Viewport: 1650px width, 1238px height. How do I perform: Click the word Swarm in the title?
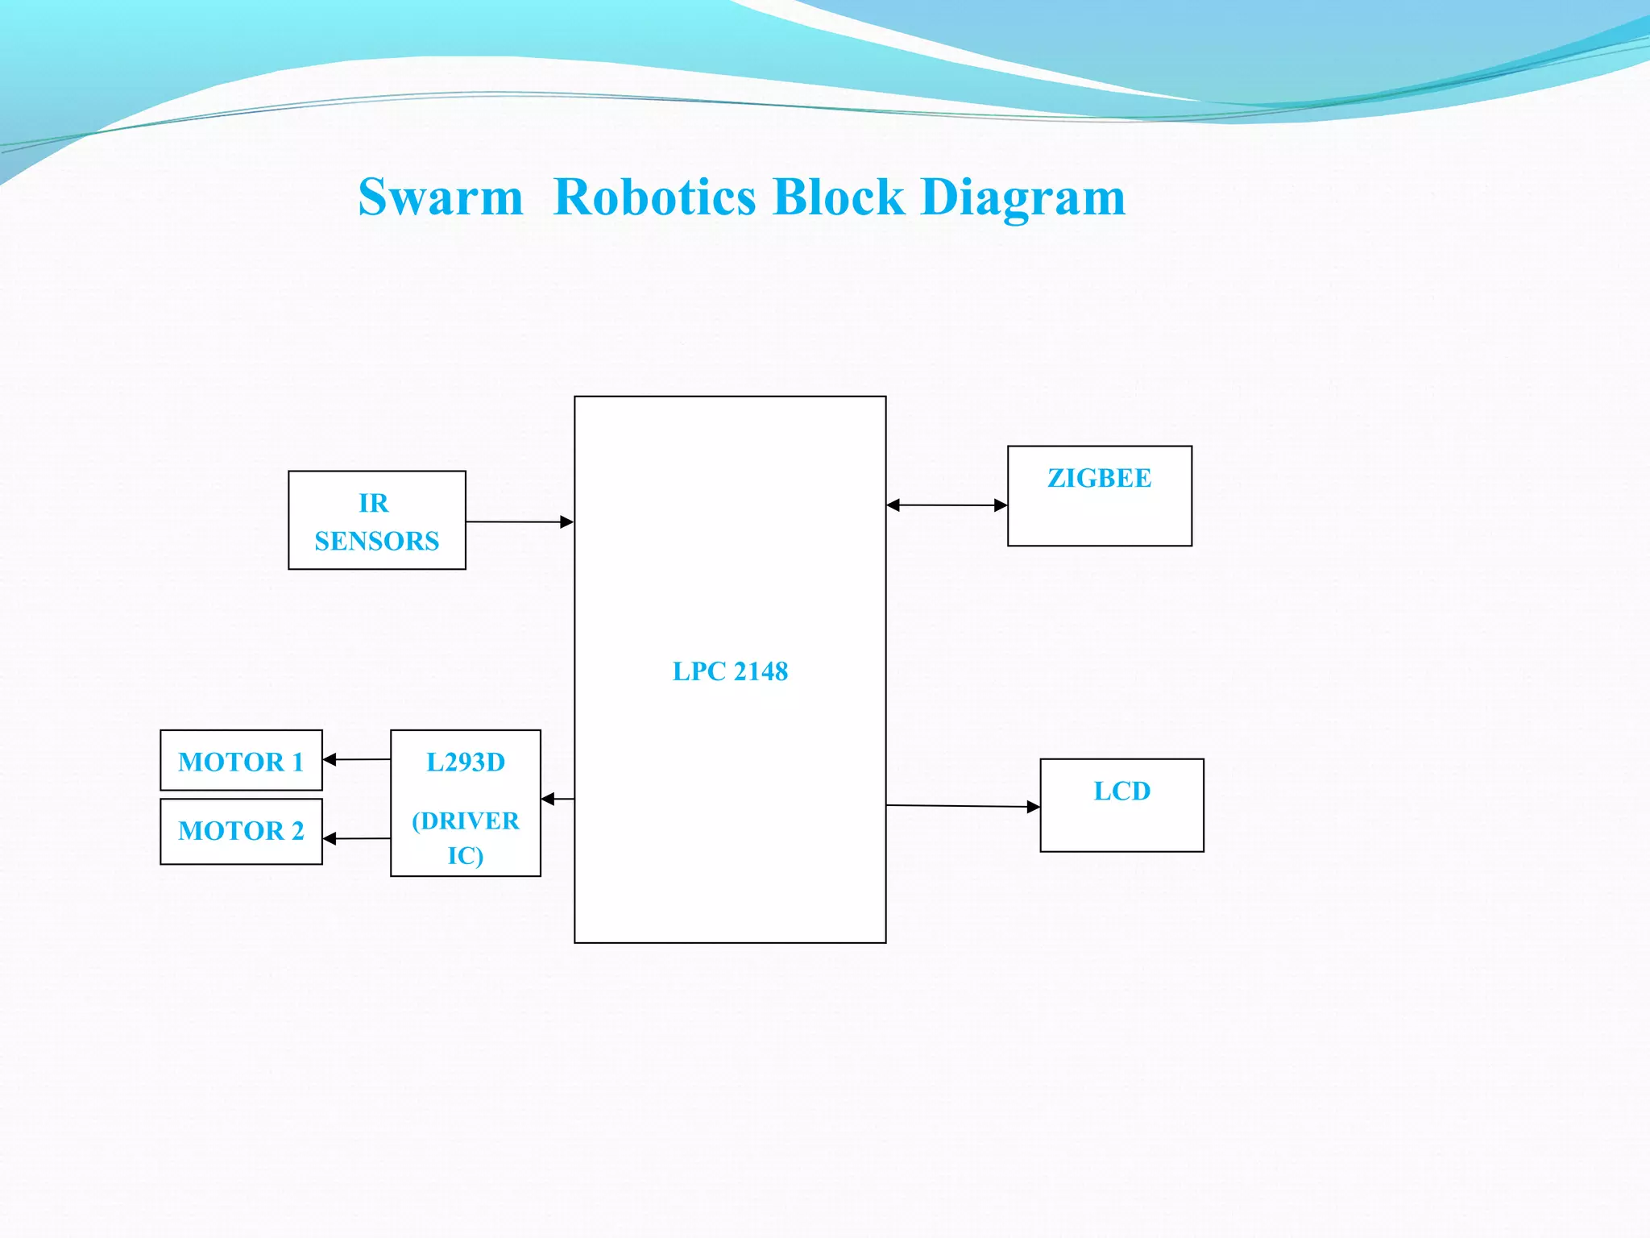pyautogui.click(x=441, y=197)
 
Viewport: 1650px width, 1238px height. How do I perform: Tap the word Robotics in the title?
pyautogui.click(x=655, y=197)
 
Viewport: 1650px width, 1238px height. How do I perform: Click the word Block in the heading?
pyautogui.click(x=838, y=197)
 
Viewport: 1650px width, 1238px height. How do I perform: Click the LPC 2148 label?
pyautogui.click(x=730, y=671)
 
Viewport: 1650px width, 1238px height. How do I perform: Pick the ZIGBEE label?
pyautogui.click(x=1099, y=478)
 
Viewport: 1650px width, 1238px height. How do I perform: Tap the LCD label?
pyautogui.click(x=1121, y=791)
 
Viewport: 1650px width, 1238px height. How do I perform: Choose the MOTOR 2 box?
pyautogui.click(x=241, y=831)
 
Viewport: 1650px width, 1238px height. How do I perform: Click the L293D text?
pyautogui.click(x=466, y=762)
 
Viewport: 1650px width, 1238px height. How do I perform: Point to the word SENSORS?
pyautogui.click(x=376, y=541)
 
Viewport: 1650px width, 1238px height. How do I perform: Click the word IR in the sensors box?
pyautogui.click(x=373, y=503)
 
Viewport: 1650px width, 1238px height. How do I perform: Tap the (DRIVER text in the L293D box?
pyautogui.click(x=466, y=820)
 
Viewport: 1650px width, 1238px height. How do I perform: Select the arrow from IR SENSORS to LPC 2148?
pyautogui.click(x=519, y=522)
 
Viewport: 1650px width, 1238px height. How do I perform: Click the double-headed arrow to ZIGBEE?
pyautogui.click(x=947, y=505)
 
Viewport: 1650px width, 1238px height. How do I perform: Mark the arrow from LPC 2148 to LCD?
pyautogui.click(x=963, y=806)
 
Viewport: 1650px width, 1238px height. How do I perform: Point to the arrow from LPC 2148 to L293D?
pyautogui.click(x=558, y=799)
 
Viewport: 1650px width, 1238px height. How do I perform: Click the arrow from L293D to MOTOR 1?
pyautogui.click(x=356, y=759)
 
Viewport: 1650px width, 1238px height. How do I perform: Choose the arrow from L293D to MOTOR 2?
pyautogui.click(x=356, y=839)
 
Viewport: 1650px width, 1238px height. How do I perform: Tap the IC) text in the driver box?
pyautogui.click(x=466, y=855)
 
